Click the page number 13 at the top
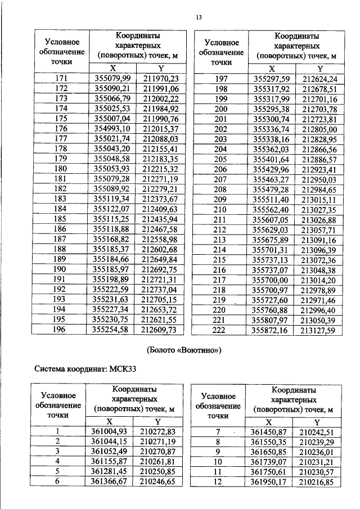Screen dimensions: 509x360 [x=198, y=17]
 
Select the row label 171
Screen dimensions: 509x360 [x=61, y=79]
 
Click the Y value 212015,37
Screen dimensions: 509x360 [x=160, y=129]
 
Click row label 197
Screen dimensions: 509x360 [x=221, y=79]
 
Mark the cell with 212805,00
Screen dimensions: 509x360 [x=319, y=129]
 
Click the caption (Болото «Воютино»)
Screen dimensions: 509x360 [x=184, y=350]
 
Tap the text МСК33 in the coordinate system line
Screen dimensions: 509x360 [x=123, y=370]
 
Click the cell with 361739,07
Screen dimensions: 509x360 [x=269, y=462]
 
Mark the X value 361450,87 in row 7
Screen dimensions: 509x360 [x=269, y=431]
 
